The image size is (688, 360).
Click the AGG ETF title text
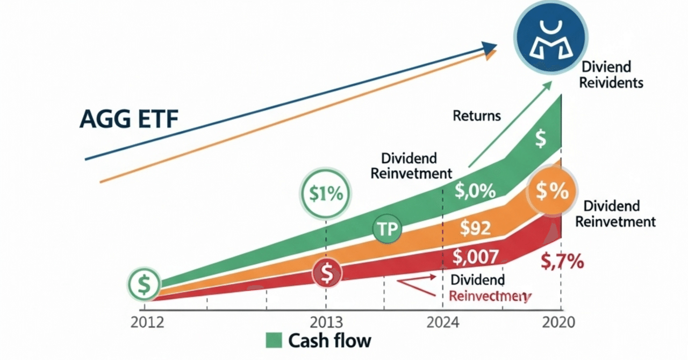tap(128, 119)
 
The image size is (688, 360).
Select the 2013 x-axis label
tap(326, 323)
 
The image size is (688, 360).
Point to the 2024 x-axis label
tap(443, 323)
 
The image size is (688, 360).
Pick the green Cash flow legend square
tap(274, 341)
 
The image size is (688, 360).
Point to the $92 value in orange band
tap(475, 229)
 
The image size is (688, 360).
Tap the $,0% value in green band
tap(475, 191)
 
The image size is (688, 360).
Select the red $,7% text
tap(562, 263)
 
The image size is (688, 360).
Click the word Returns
tap(476, 116)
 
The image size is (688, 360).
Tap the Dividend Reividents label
tap(612, 75)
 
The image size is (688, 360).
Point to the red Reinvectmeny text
tap(489, 296)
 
